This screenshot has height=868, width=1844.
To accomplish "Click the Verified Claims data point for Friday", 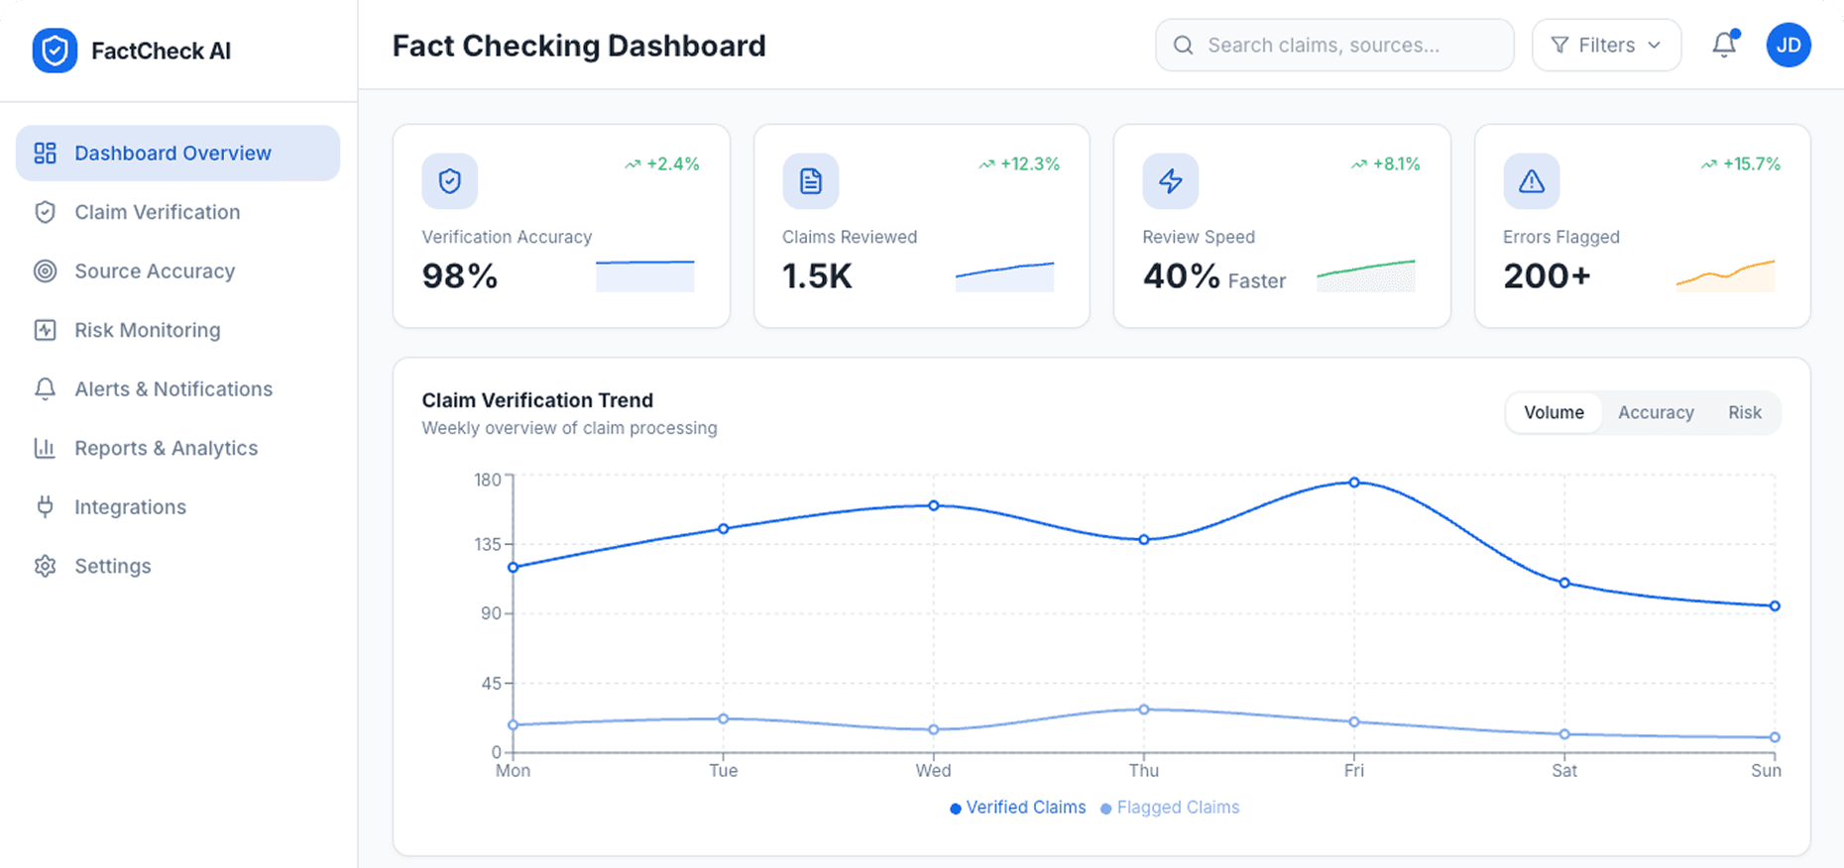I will coord(1354,483).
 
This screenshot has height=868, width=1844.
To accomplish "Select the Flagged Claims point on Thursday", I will coord(1144,709).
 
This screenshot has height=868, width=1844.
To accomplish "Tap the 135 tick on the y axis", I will coord(488,544).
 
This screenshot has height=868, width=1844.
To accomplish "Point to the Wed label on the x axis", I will coord(933,771).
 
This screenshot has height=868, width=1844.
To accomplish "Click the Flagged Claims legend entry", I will coord(1170,808).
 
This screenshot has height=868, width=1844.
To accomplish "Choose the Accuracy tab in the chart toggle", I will coord(1656,412).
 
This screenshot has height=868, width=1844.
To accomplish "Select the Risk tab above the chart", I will coord(1744,412).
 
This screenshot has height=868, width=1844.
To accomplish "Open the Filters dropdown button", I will coord(1606,46).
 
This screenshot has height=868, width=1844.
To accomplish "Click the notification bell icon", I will coord(1724,45).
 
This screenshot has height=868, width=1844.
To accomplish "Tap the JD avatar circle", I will coord(1788,46).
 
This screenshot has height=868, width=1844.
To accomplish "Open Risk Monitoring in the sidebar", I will coord(147,330).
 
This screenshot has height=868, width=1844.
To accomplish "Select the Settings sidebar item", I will coord(112,566).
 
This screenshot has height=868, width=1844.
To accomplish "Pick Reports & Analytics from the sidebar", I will coord(166,448).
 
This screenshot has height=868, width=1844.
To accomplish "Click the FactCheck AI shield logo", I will coord(55,51).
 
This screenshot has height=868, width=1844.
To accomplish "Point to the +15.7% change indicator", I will coord(1742,163).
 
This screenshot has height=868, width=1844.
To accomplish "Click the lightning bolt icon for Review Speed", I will coord(1171,180).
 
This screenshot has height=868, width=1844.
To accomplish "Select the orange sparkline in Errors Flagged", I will coord(1725,275).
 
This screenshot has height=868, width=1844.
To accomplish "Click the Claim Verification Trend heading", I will coord(537,400).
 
